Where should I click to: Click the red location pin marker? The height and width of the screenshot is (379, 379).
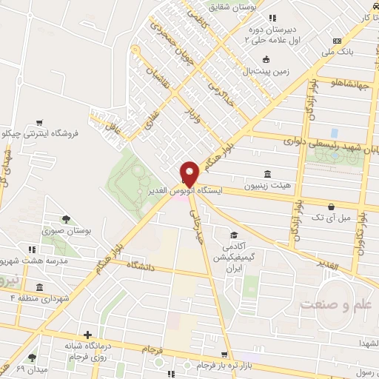[189, 174]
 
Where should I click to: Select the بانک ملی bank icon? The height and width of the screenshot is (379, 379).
[338, 41]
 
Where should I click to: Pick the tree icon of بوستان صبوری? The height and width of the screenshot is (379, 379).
[66, 218]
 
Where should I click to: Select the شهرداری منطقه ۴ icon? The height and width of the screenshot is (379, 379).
[38, 286]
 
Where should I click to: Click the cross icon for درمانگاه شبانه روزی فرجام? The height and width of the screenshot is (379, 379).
[88, 335]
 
